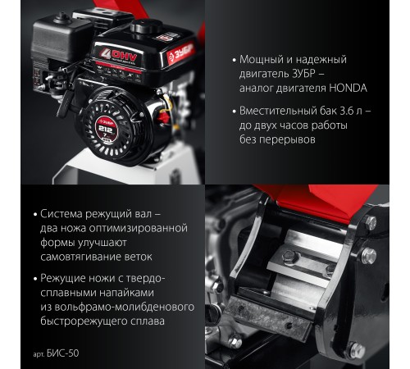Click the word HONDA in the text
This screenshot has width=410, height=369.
[x=348, y=89]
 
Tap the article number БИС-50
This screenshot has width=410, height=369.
[x=62, y=353]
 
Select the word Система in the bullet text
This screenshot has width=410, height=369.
[x=61, y=214]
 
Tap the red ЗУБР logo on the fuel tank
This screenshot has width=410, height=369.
[x=181, y=53]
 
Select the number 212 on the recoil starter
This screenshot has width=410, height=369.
[x=105, y=129]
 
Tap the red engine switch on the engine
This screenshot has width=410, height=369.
[x=164, y=117]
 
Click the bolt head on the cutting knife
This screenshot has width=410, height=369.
[x=289, y=257]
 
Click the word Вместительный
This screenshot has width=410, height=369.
[x=277, y=111]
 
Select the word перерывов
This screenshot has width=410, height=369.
[x=287, y=139]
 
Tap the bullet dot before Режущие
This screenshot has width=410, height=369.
[x=35, y=279]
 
